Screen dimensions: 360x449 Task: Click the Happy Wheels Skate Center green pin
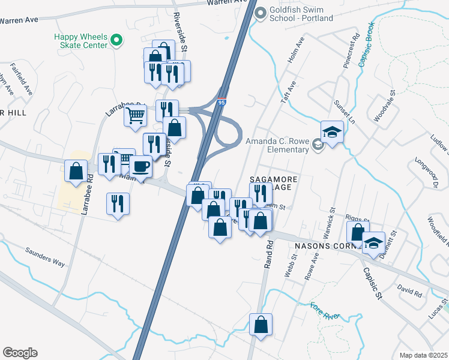click(x=117, y=41)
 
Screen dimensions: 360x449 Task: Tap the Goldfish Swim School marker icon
click(x=261, y=13)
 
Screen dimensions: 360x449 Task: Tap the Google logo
click(x=20, y=353)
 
